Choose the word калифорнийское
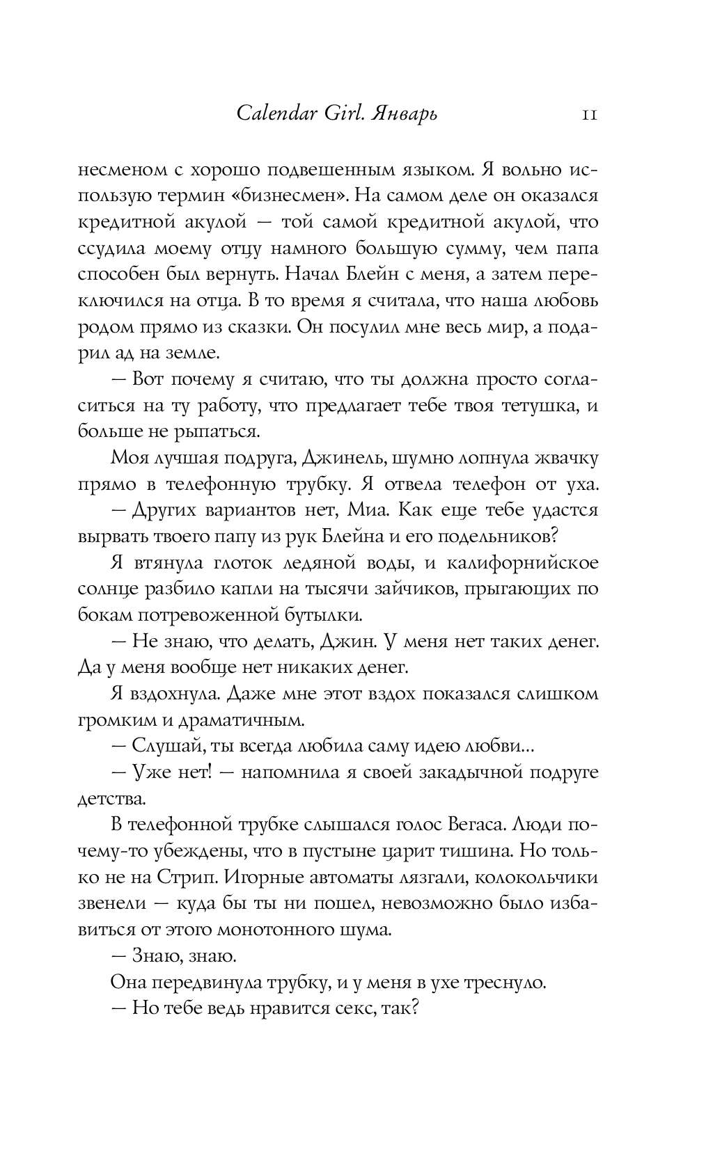pyautogui.click(x=522, y=562)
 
